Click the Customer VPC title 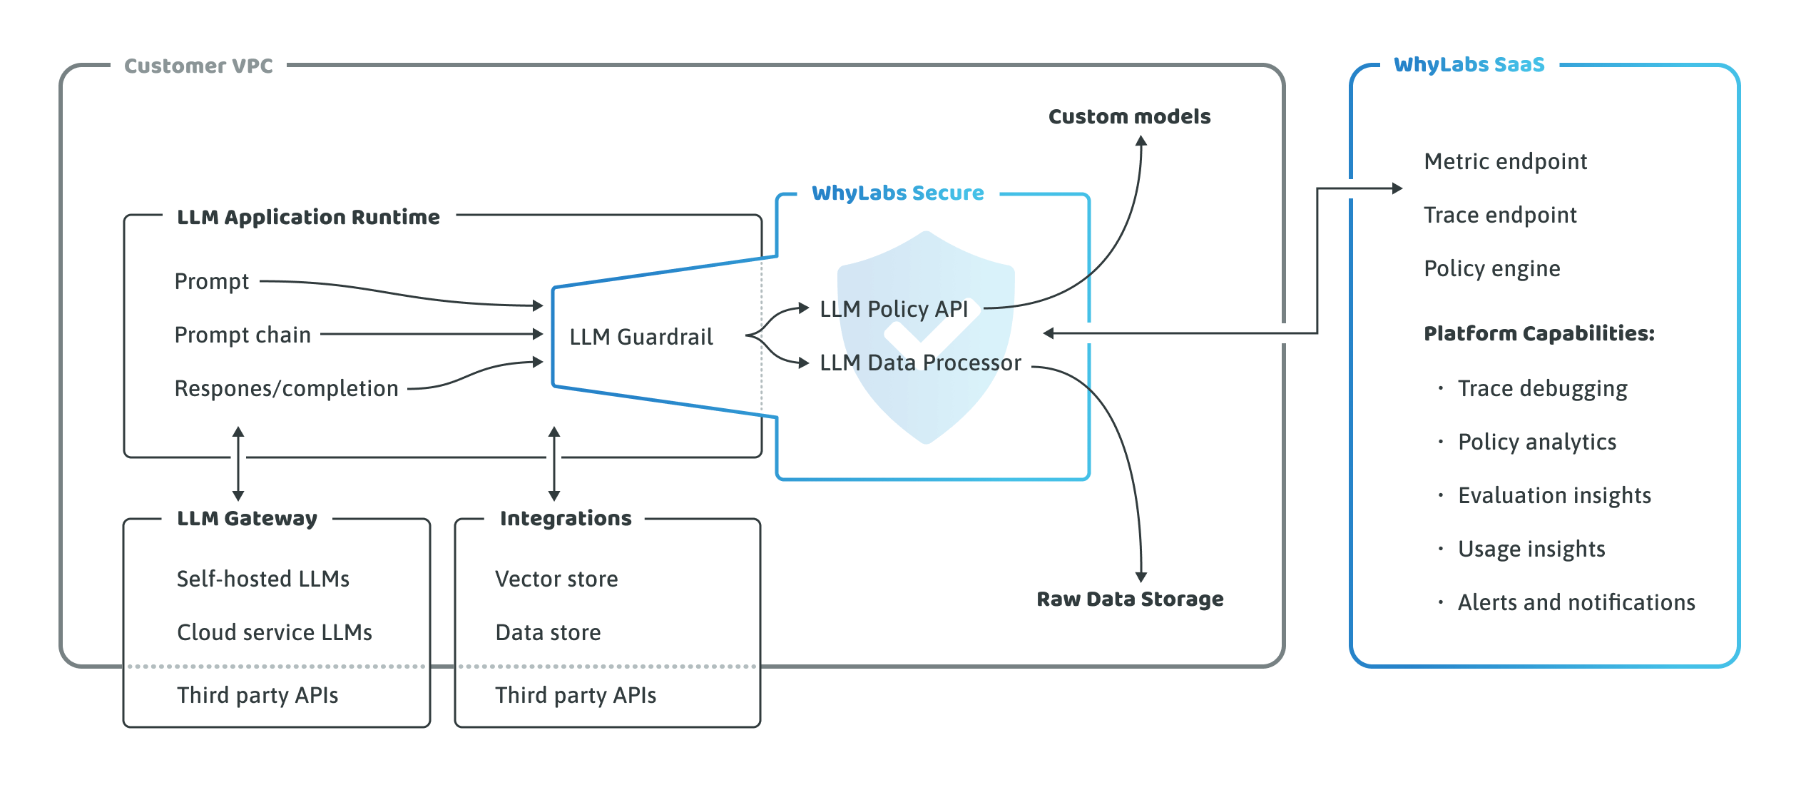tap(198, 66)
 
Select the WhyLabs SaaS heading tap(1469, 65)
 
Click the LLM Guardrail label tap(641, 337)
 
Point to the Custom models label tap(1129, 116)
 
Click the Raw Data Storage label tap(1130, 599)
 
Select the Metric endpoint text tap(1505, 161)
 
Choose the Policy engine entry tap(1491, 268)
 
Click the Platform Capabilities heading tap(1539, 333)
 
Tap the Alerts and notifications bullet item tap(1576, 602)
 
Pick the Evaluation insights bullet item tap(1554, 495)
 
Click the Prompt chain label tap(243, 335)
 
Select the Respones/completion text tap(286, 388)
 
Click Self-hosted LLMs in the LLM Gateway tap(263, 579)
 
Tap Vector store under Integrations tap(556, 579)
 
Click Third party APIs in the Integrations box tap(576, 695)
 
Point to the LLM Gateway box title tap(247, 518)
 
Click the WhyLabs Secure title tap(897, 193)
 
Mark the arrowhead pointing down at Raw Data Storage tap(1141, 577)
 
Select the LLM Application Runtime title tap(308, 217)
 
